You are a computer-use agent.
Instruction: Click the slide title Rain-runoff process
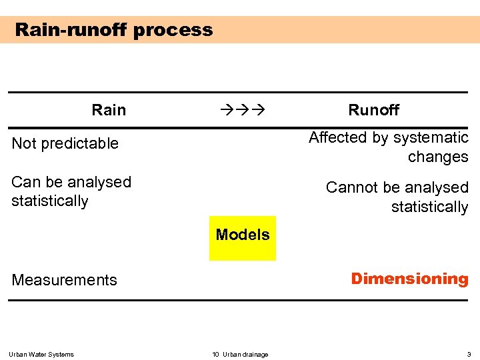point(114,30)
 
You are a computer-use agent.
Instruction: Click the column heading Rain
point(109,110)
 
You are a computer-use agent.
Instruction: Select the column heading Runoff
point(373,110)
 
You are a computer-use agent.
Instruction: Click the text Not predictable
point(65,143)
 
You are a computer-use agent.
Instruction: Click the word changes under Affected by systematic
point(438,157)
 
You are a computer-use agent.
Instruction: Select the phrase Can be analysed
point(71,182)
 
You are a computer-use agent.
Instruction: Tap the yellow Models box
point(243,237)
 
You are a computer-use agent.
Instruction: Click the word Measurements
point(65,281)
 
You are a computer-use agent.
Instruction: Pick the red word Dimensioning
point(409,279)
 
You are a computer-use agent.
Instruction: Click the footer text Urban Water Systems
point(41,354)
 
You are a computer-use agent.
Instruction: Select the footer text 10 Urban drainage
point(240,354)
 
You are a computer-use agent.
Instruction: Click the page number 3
point(469,354)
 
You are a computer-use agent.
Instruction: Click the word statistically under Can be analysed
point(50,201)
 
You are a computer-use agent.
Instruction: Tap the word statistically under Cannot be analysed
point(429,207)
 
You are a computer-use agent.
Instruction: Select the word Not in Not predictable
point(24,143)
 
